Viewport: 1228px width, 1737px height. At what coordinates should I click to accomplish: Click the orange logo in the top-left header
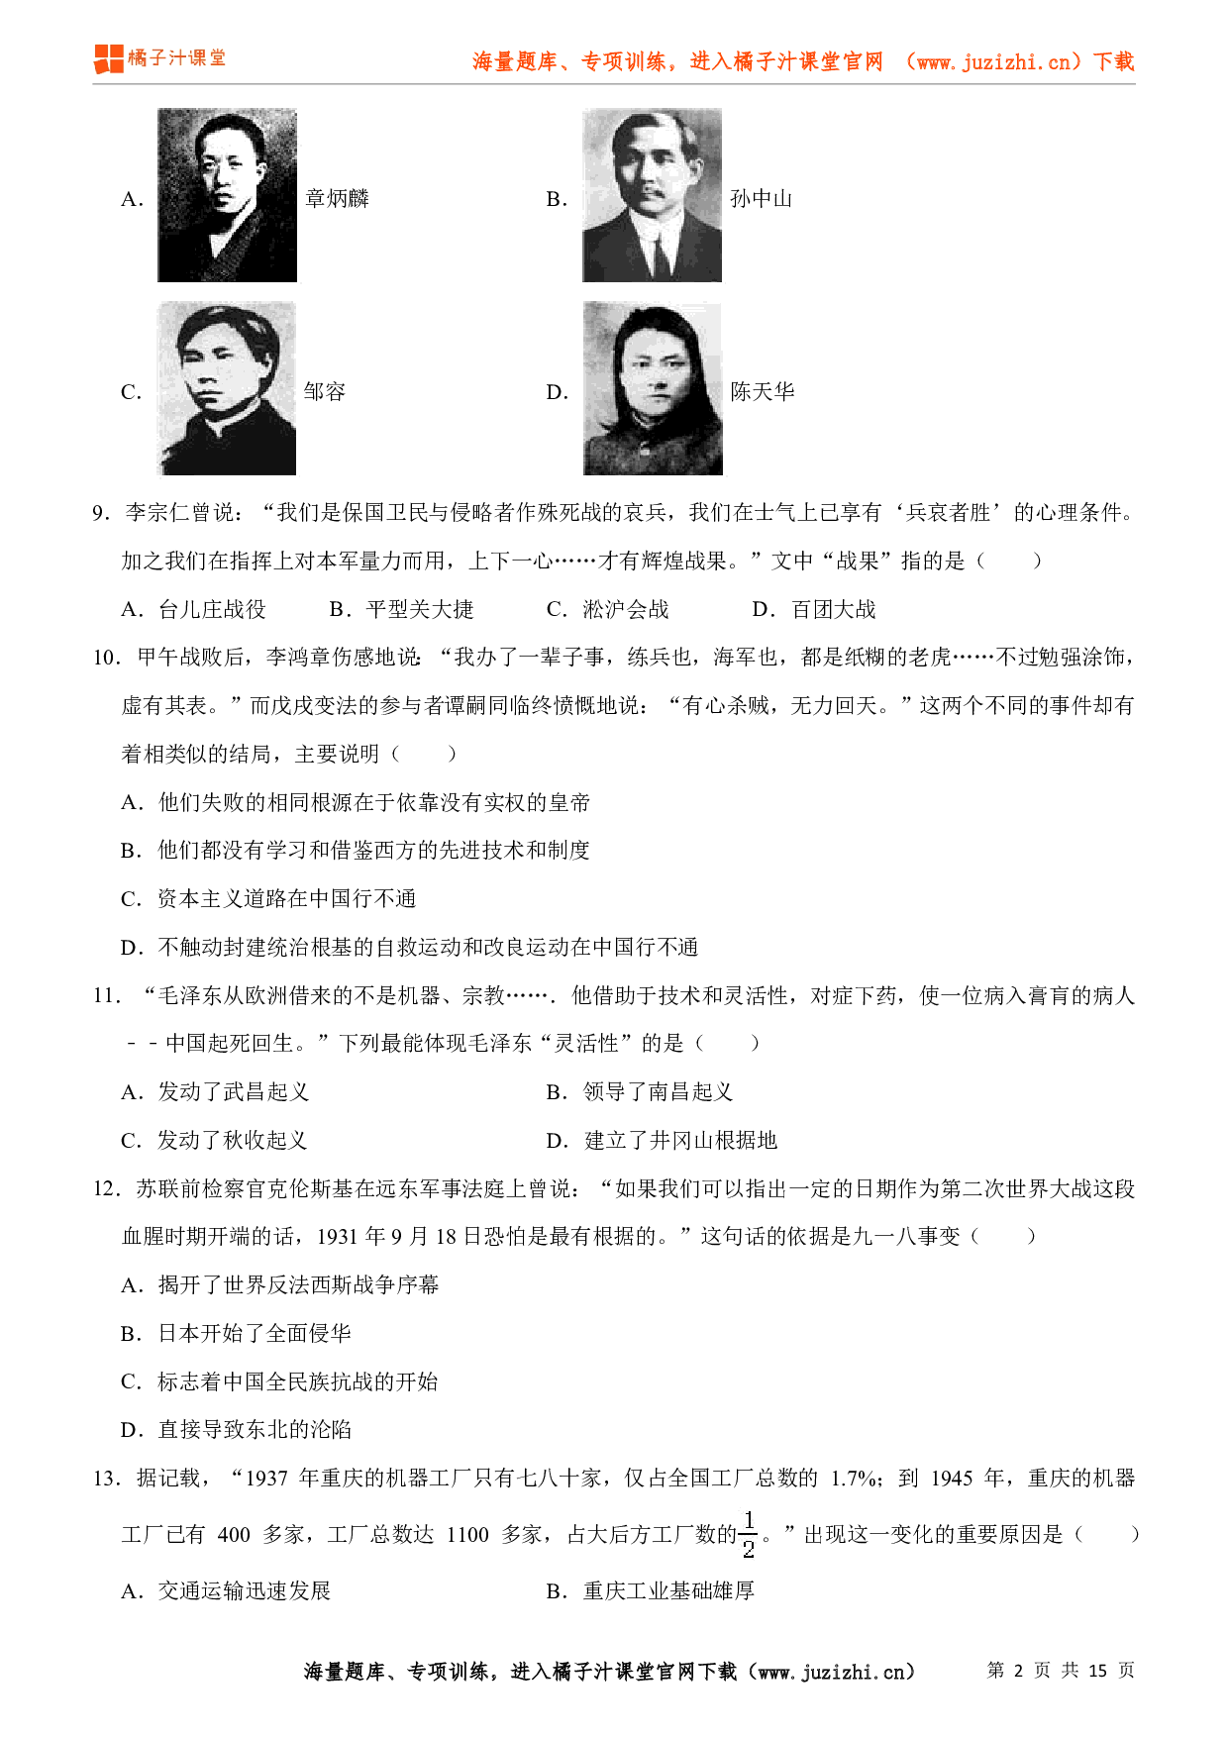pos(109,58)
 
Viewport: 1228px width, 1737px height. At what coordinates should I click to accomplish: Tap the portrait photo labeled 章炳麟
pos(227,195)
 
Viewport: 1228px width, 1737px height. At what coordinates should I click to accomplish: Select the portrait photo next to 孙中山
pos(652,195)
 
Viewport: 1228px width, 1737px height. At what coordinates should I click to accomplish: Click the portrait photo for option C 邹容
pos(227,388)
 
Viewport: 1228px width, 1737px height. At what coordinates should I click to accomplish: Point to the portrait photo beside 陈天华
pos(653,388)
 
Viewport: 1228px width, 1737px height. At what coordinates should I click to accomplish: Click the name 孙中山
pos(761,199)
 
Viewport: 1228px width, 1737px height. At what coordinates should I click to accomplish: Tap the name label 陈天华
pos(762,392)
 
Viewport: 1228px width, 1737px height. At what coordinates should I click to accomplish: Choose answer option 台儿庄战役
pos(212,610)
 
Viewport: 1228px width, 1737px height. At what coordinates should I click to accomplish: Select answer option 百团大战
pos(833,610)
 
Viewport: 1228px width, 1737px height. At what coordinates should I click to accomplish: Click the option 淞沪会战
pos(625,610)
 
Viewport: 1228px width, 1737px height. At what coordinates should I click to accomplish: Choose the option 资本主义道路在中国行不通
pos(286,899)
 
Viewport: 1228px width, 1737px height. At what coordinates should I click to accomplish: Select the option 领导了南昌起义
pos(658,1092)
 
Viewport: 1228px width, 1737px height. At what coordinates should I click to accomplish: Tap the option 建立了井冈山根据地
pos(680,1141)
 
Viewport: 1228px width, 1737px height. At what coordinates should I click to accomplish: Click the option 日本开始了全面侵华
pos(255,1334)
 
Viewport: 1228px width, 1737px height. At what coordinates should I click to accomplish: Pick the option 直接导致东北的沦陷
pos(255,1430)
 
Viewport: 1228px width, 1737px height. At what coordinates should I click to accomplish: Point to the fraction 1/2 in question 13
pos(749,1535)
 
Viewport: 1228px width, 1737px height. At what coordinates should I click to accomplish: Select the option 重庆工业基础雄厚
pos(668,1591)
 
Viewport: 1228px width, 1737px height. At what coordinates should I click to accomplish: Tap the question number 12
pos(106,1188)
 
